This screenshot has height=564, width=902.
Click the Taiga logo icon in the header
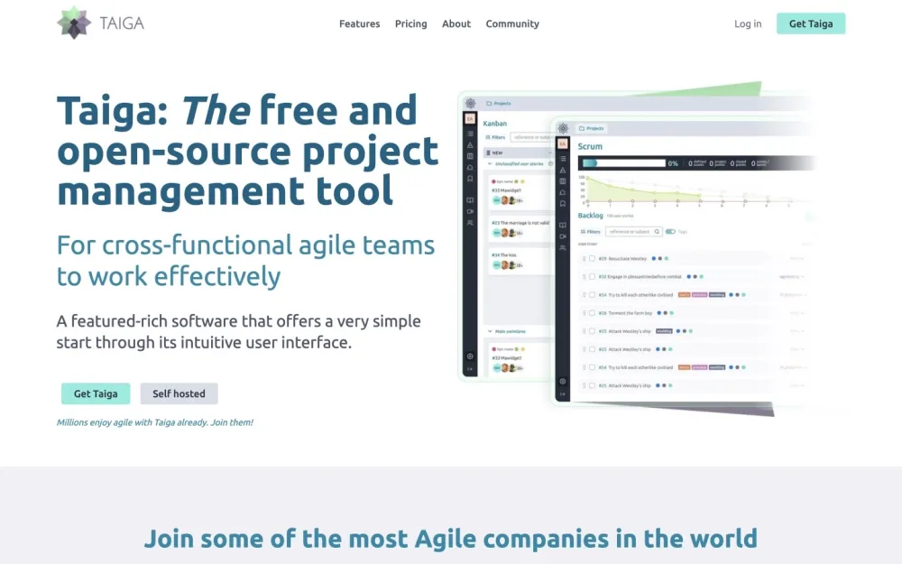(x=74, y=23)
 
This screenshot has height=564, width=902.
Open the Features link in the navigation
(x=359, y=23)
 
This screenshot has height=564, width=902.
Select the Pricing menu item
(x=410, y=23)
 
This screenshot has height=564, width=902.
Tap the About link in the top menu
(x=456, y=23)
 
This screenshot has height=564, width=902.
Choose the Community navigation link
(x=512, y=23)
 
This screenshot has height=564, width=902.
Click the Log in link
(x=748, y=23)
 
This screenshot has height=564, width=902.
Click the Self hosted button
(x=179, y=393)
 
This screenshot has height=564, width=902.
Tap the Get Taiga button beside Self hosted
(x=96, y=393)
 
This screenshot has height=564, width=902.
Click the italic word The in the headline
(x=216, y=110)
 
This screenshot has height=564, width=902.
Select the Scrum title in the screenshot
(x=590, y=146)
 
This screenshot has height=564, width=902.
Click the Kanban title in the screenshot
(x=495, y=124)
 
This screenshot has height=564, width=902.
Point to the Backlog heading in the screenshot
(x=590, y=216)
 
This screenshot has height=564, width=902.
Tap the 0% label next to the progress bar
(x=673, y=163)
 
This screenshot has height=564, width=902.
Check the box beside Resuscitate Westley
(x=592, y=259)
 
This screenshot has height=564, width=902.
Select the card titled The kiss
(x=504, y=254)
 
